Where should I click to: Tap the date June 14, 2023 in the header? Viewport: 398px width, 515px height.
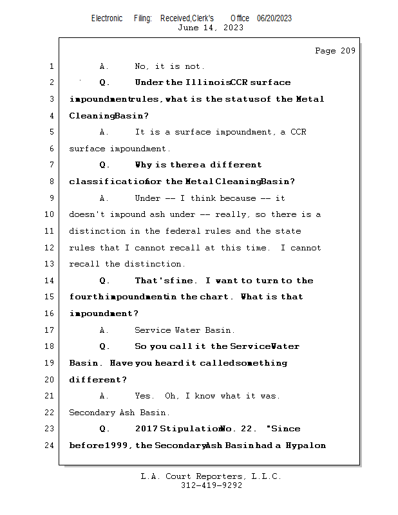pyautogui.click(x=210, y=28)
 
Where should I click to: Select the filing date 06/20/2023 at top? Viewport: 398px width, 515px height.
pyautogui.click(x=274, y=19)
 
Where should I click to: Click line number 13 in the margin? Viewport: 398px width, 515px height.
pyautogui.click(x=50, y=264)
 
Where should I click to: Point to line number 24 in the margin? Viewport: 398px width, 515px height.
pyautogui.click(x=50, y=445)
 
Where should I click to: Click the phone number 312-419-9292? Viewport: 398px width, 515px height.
pyautogui.click(x=211, y=486)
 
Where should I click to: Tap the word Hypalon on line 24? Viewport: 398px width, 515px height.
pyautogui.click(x=306, y=445)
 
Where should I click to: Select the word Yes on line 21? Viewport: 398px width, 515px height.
pyautogui.click(x=144, y=396)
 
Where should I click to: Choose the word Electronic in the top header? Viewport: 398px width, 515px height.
pyautogui.click(x=107, y=19)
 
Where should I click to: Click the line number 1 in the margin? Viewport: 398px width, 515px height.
pyautogui.click(x=50, y=66)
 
